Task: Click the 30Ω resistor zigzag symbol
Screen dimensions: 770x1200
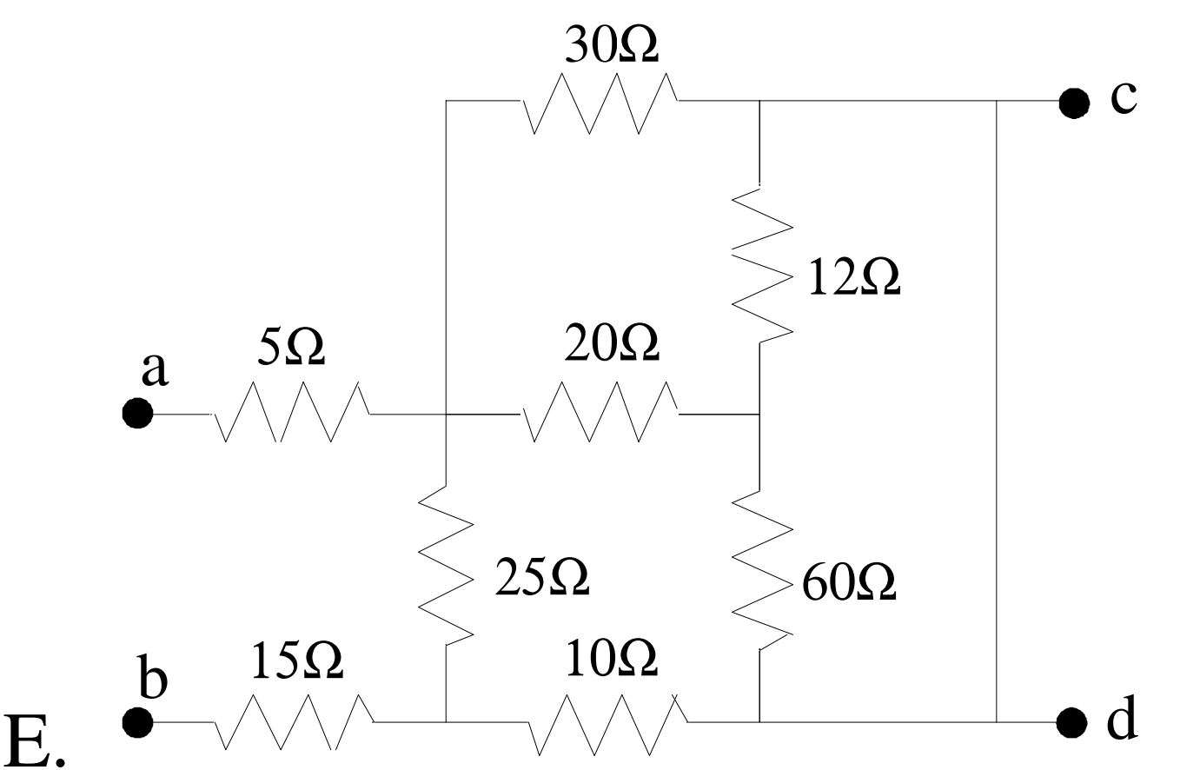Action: [600, 103]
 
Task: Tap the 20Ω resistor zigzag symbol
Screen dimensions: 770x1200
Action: [600, 413]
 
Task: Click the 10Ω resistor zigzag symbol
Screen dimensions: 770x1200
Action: [603, 720]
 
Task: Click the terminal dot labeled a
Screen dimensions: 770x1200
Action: [137, 414]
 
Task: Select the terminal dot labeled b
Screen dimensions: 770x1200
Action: [137, 720]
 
